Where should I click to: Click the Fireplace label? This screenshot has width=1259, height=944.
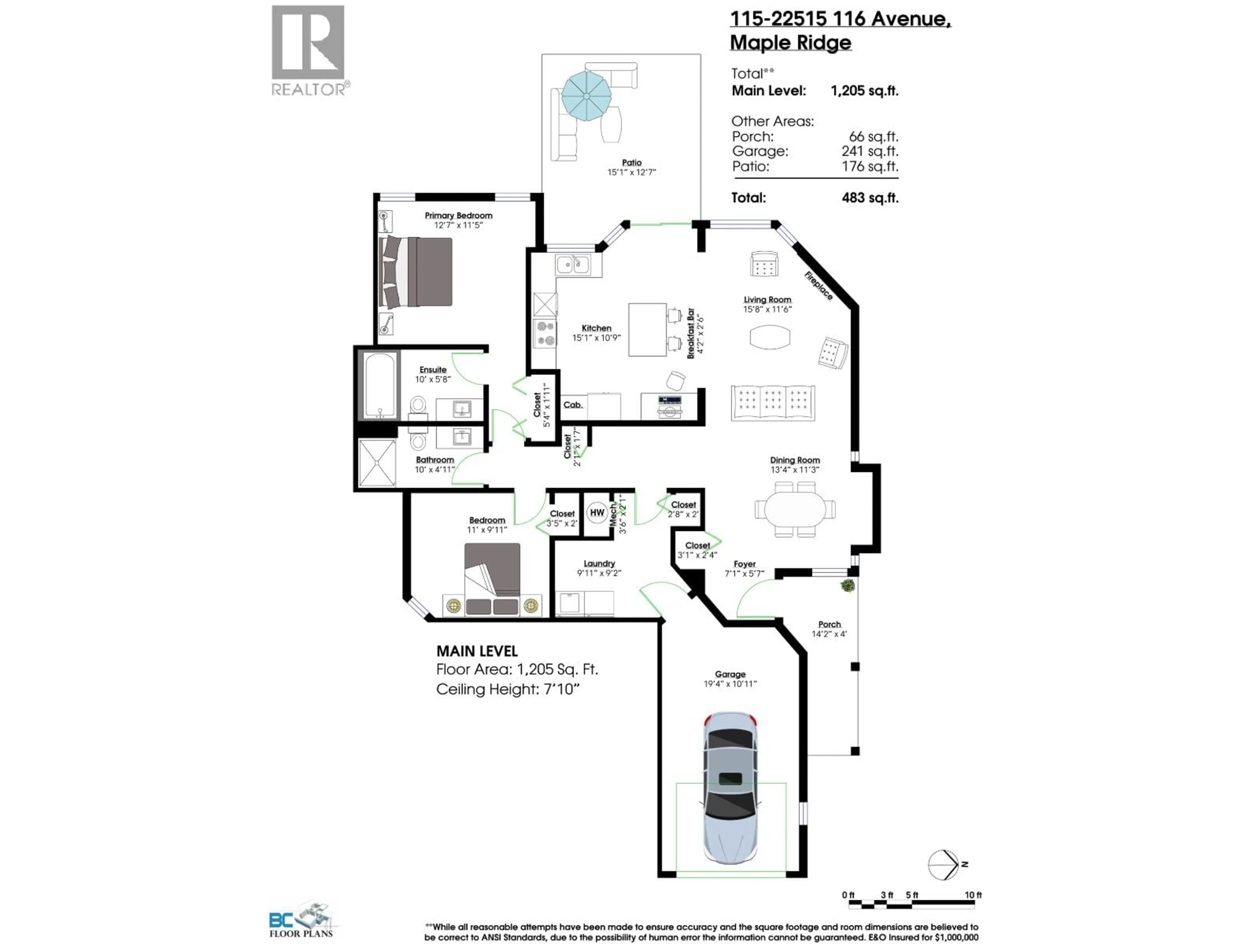(818, 285)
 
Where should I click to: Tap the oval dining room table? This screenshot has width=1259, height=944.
(795, 509)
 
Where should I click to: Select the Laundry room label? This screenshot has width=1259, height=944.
(599, 563)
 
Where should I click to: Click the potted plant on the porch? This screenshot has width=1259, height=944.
(848, 585)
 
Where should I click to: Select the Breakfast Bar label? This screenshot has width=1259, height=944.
(690, 333)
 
